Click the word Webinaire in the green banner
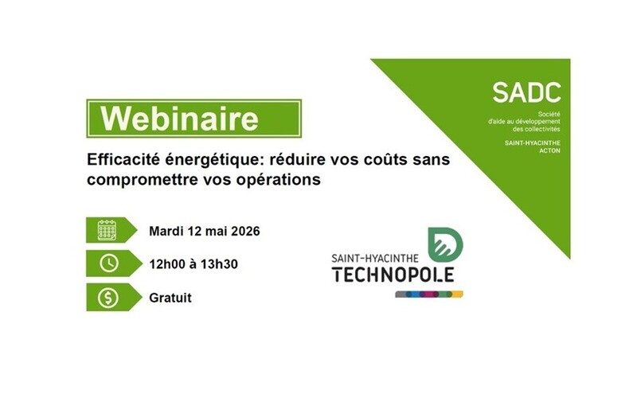181,119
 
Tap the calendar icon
107,231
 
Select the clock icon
107,264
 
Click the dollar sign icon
107,298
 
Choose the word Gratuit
170,298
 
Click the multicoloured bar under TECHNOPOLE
429,294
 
